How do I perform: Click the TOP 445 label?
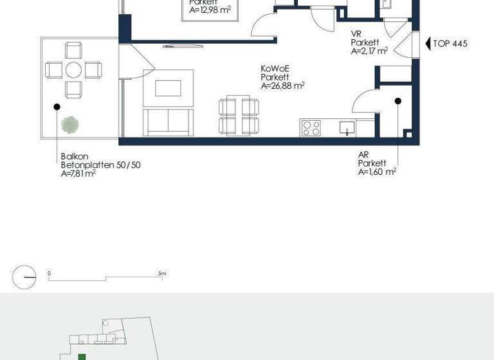click(x=450, y=44)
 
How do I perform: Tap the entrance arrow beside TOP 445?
click(x=428, y=44)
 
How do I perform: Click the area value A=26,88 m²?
click(x=282, y=85)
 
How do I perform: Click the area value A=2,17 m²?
click(x=369, y=51)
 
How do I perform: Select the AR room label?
click(x=364, y=155)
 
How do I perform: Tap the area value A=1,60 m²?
click(x=377, y=172)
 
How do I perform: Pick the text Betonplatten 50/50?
click(x=100, y=165)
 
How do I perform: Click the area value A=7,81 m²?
click(x=78, y=174)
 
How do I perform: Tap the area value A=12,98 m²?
click(x=210, y=10)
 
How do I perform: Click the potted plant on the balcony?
click(x=69, y=125)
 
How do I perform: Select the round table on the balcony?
click(x=73, y=69)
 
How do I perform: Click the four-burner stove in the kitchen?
click(x=311, y=128)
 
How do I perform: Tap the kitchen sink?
click(x=346, y=129)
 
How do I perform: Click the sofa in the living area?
click(x=168, y=122)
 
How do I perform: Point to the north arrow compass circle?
click(x=24, y=277)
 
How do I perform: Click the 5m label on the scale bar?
click(x=163, y=274)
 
